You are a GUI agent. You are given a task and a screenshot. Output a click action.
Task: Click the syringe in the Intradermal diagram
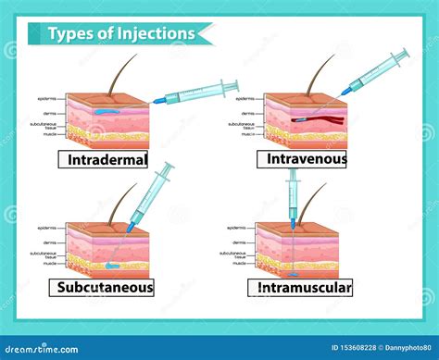click(194, 92)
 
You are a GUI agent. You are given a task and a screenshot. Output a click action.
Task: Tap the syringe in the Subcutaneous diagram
click(151, 195)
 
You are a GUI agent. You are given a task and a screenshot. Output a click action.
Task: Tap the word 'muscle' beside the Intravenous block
click(248, 134)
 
